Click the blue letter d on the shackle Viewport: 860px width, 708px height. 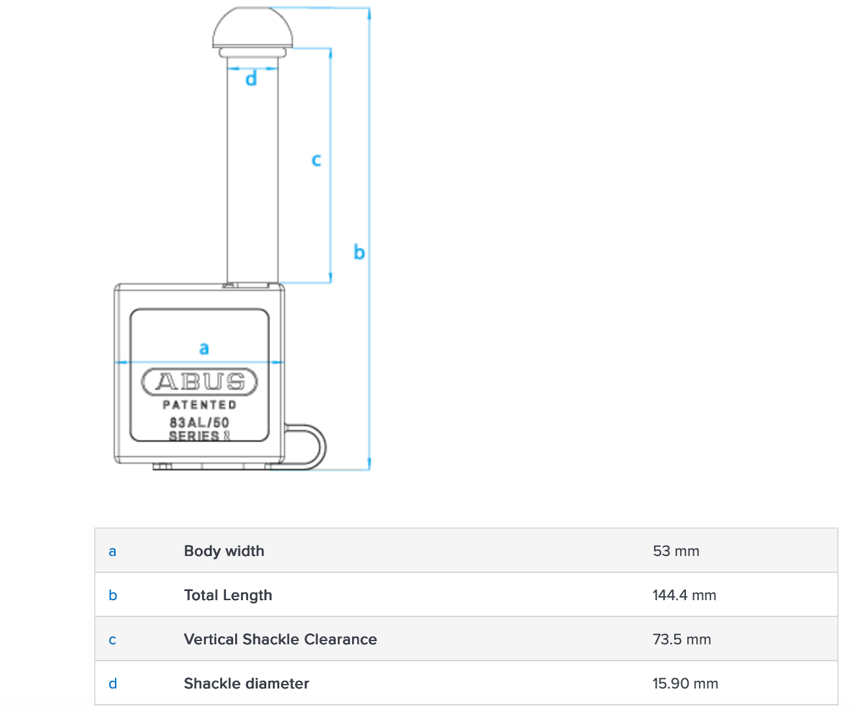click(x=251, y=79)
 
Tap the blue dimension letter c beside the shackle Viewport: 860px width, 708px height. click(x=316, y=160)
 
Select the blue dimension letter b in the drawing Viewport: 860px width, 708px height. click(x=359, y=251)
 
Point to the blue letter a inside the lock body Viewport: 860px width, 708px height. click(x=204, y=348)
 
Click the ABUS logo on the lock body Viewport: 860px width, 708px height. click(x=199, y=382)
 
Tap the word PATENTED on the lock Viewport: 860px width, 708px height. click(x=199, y=405)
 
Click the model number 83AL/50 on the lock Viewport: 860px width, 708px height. click(x=199, y=422)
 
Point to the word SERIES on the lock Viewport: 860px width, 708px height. click(x=194, y=436)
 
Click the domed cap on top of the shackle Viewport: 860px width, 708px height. click(x=253, y=27)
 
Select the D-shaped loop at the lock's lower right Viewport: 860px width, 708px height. click(x=325, y=447)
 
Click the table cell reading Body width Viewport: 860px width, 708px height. click(x=224, y=551)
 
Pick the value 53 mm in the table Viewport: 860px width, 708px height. click(x=676, y=551)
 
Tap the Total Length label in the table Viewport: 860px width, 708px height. click(x=228, y=595)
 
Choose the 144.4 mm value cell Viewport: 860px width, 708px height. click(x=684, y=595)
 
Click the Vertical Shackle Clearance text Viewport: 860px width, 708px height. click(x=280, y=639)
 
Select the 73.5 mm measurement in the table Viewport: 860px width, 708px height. click(x=681, y=639)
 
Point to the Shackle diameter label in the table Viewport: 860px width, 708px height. click(x=246, y=683)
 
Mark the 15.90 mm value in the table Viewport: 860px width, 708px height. click(x=685, y=683)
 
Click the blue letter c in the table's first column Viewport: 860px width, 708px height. click(x=112, y=640)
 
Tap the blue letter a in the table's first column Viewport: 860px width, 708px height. click(x=112, y=552)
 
